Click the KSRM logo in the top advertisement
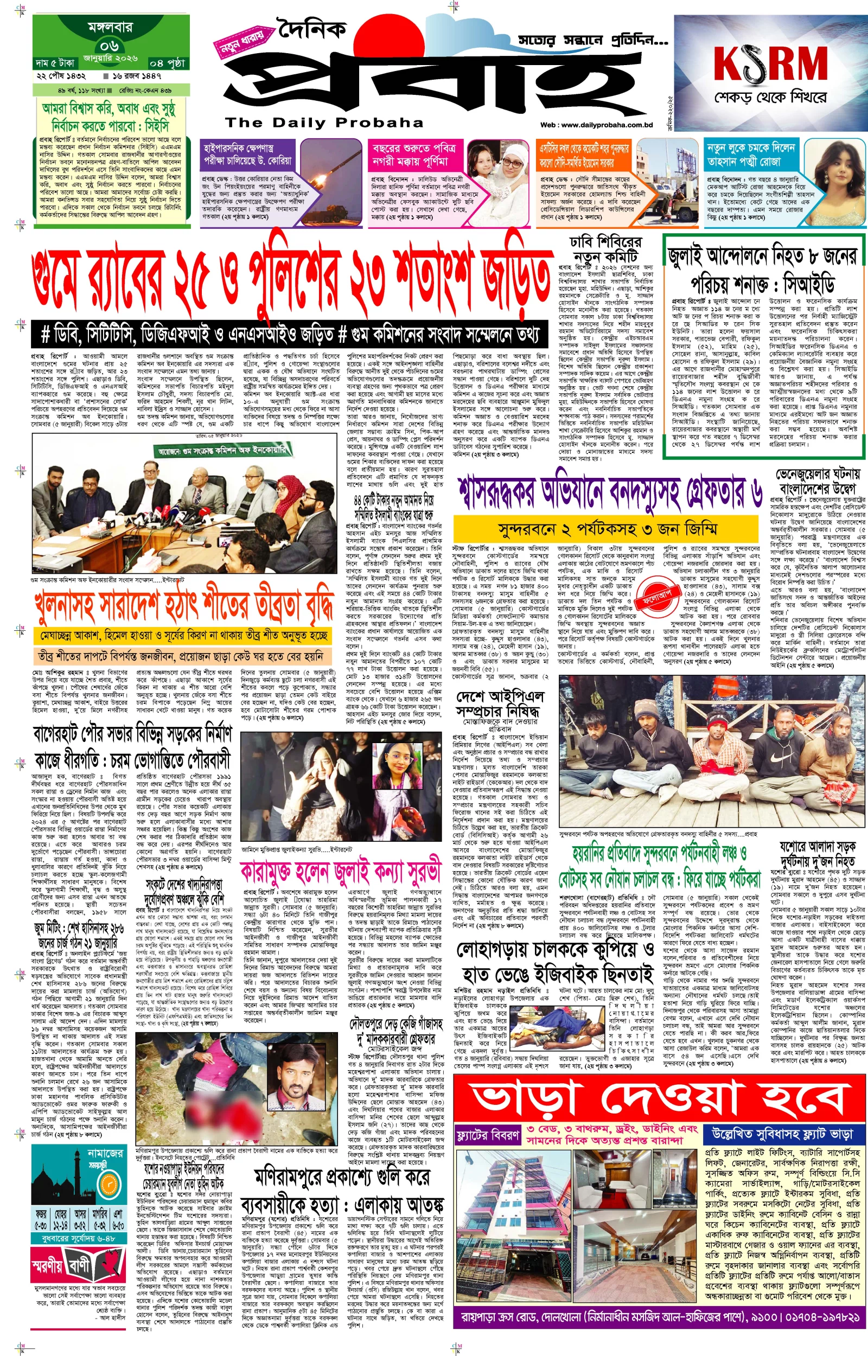point(770,63)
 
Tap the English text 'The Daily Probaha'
point(324,122)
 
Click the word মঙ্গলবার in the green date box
point(110,27)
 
